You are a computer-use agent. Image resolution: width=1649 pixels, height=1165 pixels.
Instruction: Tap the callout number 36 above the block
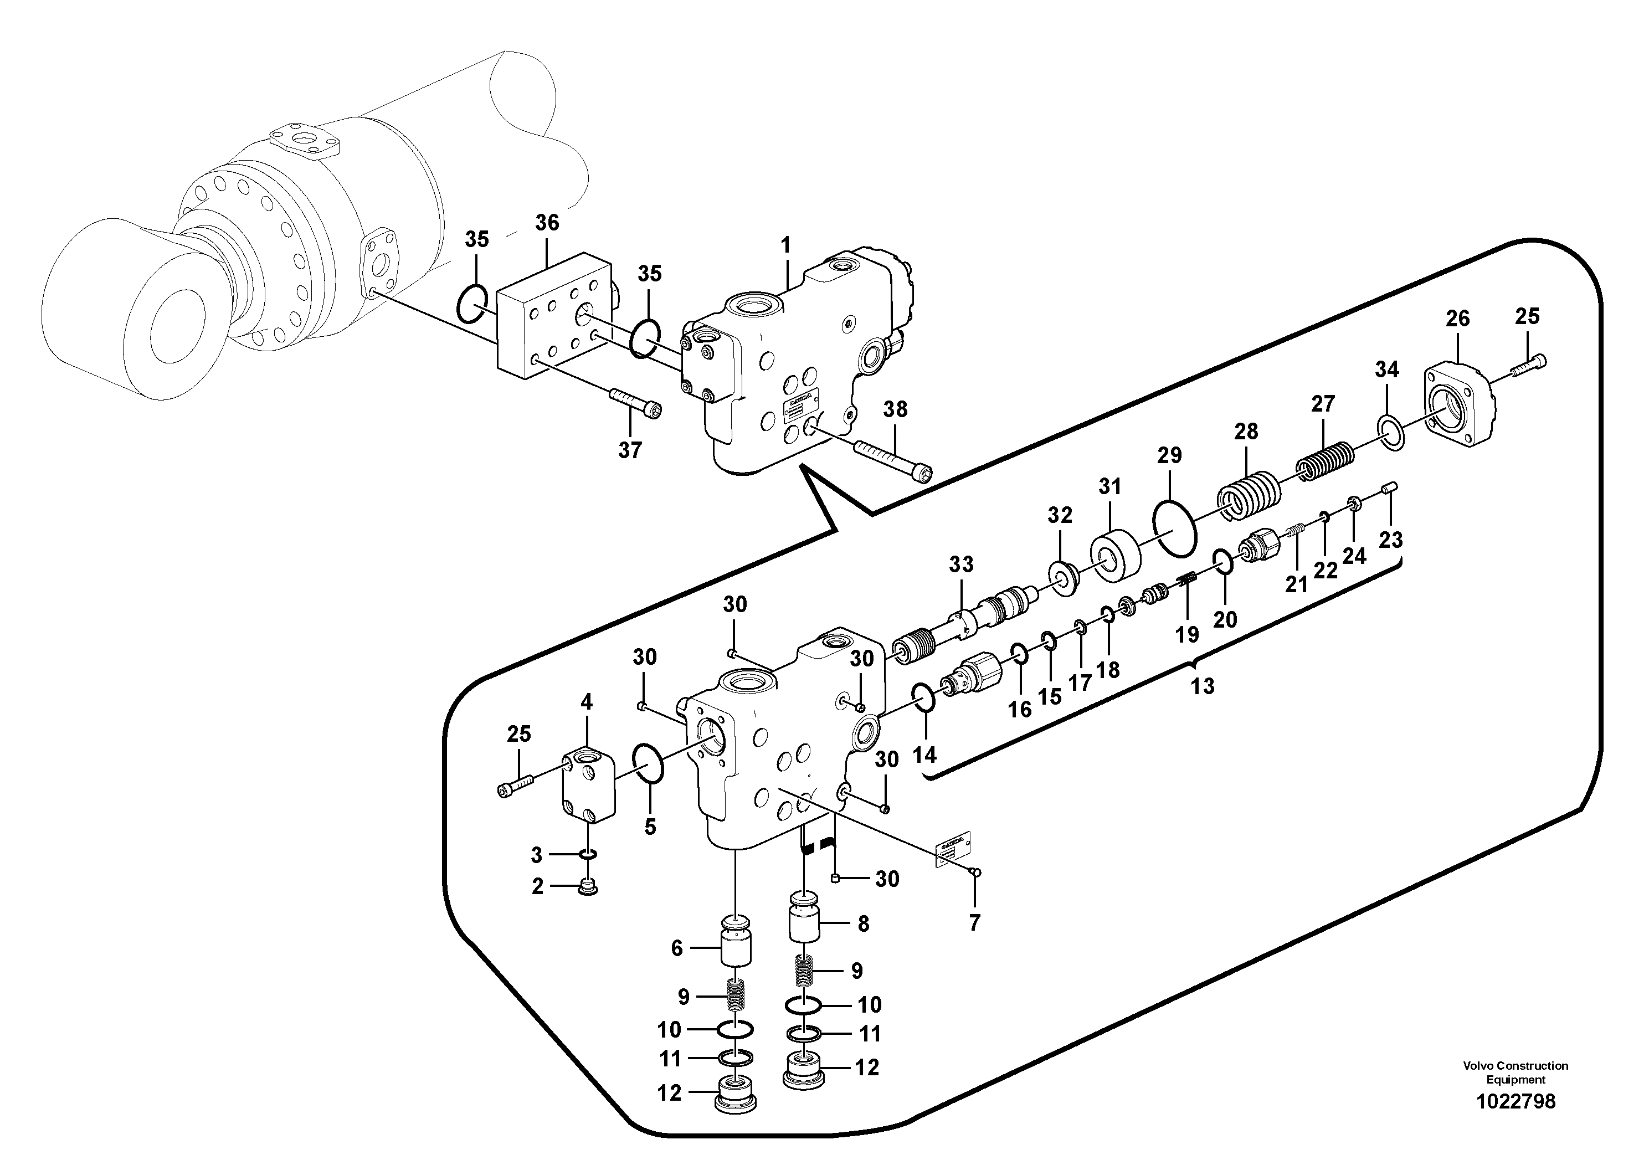[x=547, y=223]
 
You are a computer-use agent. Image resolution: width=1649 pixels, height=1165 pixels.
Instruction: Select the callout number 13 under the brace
[x=1203, y=686]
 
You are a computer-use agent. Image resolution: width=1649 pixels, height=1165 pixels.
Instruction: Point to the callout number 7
[x=974, y=922]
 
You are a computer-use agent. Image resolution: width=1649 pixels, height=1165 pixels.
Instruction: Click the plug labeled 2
[x=588, y=889]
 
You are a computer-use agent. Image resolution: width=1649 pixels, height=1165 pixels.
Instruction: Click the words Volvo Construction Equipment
[x=1516, y=1072]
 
